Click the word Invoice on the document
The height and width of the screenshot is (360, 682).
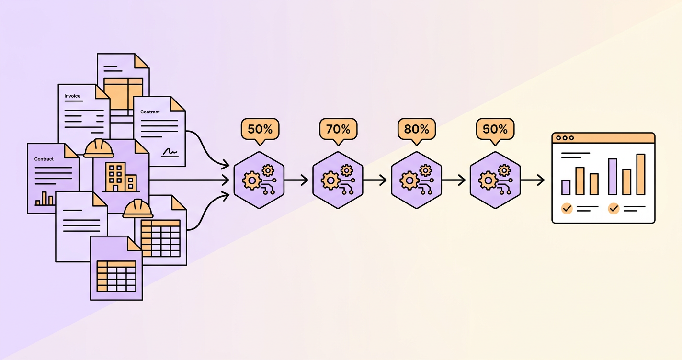click(72, 96)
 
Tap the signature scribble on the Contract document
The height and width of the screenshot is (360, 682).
click(170, 152)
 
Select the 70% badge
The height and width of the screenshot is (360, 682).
click(338, 129)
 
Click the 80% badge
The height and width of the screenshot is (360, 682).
click(417, 129)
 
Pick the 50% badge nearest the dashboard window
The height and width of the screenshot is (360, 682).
click(495, 129)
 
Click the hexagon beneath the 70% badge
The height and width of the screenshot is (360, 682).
click(338, 180)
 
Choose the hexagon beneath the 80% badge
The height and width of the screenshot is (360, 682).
click(416, 180)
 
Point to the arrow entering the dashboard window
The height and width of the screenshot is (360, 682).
click(533, 180)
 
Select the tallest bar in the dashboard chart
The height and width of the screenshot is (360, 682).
click(641, 174)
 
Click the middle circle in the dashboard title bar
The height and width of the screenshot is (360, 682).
click(565, 138)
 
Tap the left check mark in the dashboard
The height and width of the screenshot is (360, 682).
click(567, 209)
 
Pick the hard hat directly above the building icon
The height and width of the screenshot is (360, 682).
click(99, 148)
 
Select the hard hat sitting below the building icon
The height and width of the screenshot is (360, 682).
click(137, 209)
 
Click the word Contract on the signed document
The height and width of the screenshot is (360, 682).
click(150, 112)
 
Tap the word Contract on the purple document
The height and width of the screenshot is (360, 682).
click(44, 159)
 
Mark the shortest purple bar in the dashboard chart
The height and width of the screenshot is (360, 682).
click(566, 187)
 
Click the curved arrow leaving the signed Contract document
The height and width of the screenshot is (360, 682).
click(206, 148)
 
